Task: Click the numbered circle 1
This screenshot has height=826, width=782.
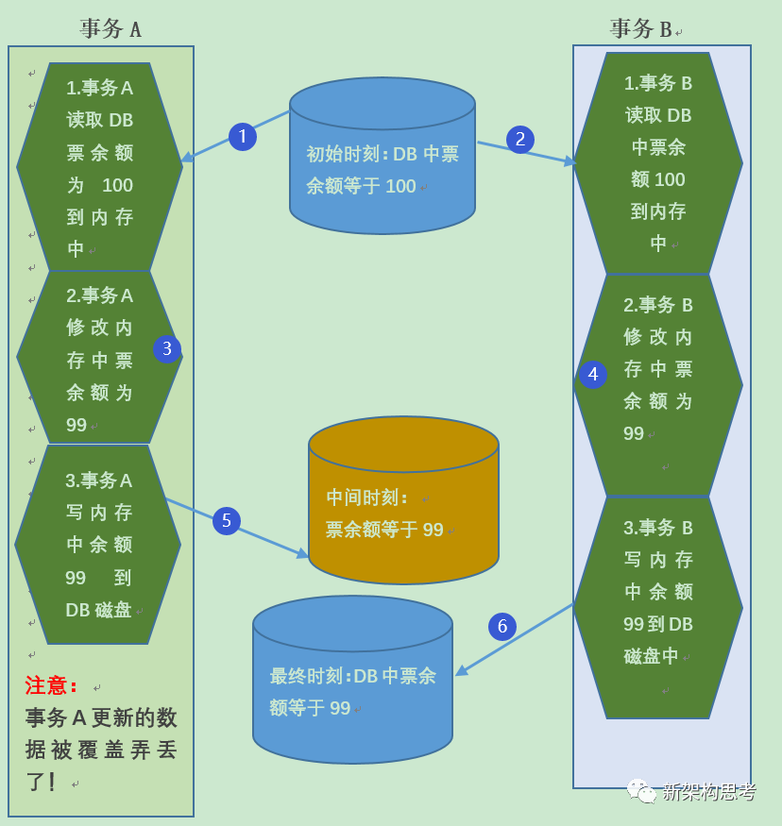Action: click(243, 137)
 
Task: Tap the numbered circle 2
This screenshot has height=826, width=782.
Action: click(519, 140)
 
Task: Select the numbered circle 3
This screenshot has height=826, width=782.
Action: click(167, 348)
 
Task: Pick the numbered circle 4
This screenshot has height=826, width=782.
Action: click(593, 375)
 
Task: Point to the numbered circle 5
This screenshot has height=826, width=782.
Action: click(227, 521)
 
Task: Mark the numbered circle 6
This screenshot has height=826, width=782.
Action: click(502, 626)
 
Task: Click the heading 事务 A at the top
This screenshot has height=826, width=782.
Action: click(110, 29)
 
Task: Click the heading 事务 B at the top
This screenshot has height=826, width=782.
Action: click(641, 29)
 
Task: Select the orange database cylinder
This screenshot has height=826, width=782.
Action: click(403, 500)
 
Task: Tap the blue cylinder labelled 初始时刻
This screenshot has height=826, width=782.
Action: click(382, 157)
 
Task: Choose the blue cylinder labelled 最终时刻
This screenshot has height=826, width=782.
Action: click(352, 680)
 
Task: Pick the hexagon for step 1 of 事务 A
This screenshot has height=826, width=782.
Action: click(99, 168)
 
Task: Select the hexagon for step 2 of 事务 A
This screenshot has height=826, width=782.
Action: click(99, 358)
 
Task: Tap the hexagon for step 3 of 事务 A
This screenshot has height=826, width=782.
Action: click(98, 545)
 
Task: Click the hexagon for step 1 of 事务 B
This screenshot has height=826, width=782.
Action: click(658, 163)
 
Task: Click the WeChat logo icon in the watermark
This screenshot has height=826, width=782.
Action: click(641, 791)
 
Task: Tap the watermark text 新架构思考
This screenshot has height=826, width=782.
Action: click(708, 792)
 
